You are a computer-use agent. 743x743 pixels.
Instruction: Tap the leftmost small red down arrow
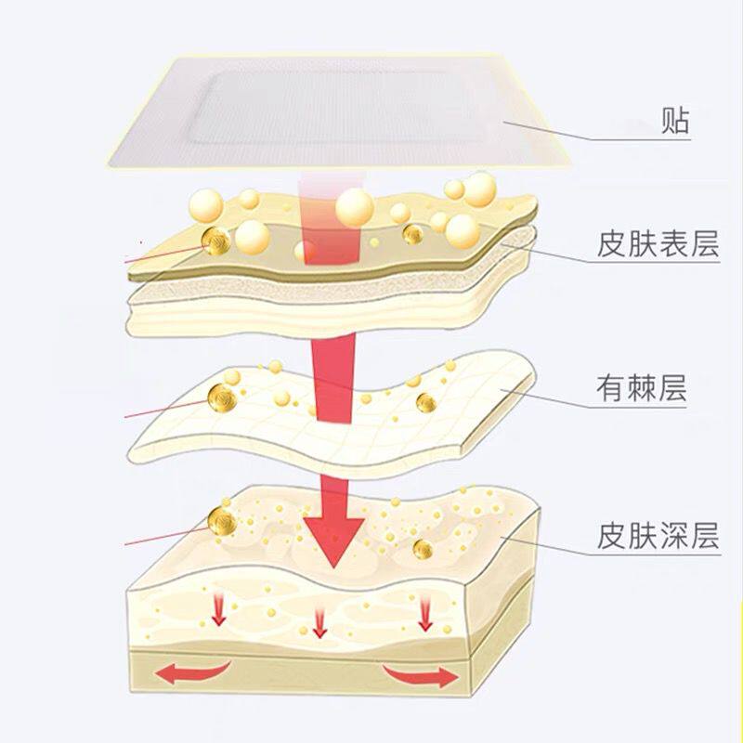(219, 609)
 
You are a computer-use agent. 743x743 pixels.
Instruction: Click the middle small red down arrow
(319, 620)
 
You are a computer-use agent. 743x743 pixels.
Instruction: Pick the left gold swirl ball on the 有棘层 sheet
(222, 399)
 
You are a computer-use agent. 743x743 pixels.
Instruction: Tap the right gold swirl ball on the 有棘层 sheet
(425, 402)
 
